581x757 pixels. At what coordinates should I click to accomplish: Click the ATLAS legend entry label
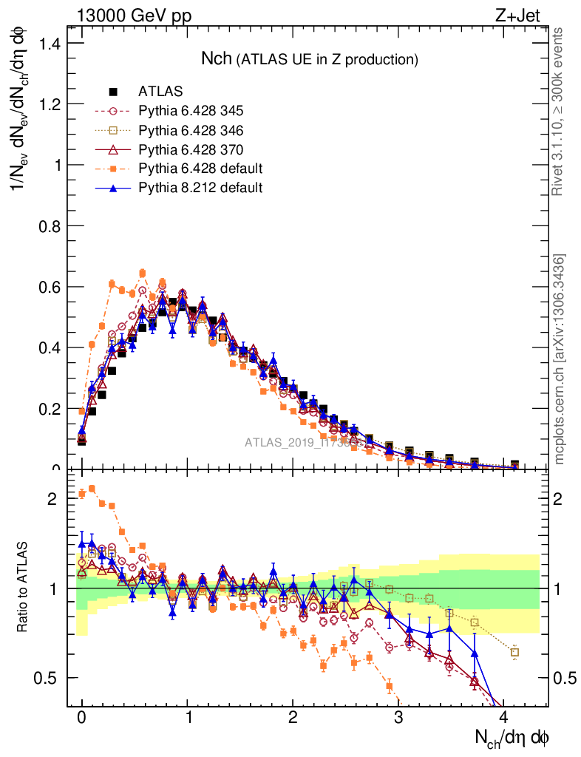click(x=160, y=92)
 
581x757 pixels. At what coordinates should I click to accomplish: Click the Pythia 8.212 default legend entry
click(x=200, y=188)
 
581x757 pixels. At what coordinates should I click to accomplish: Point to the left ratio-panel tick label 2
click(x=52, y=499)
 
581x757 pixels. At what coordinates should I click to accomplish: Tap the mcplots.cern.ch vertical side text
click(x=560, y=359)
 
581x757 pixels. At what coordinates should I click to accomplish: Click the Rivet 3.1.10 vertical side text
click(x=560, y=111)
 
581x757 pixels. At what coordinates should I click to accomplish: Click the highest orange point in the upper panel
click(x=143, y=273)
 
